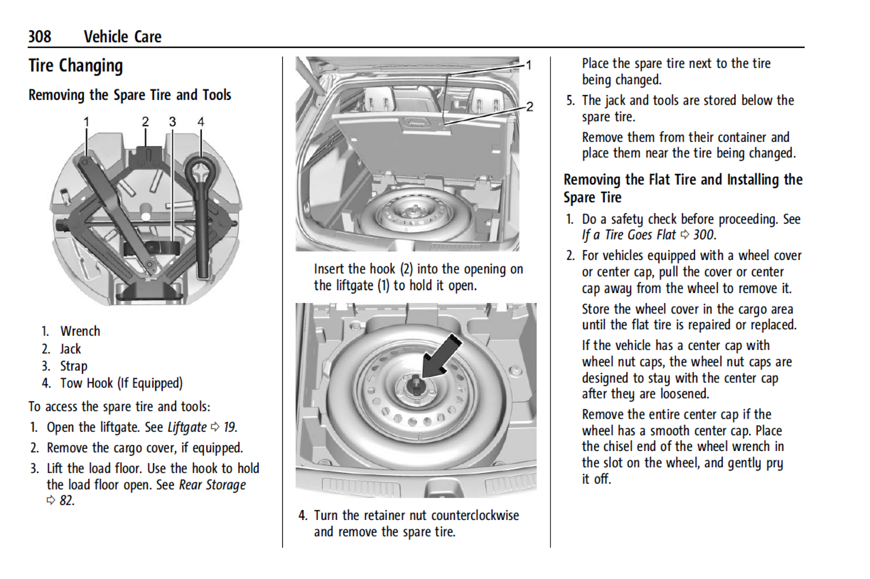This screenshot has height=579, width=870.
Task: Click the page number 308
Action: [x=40, y=37]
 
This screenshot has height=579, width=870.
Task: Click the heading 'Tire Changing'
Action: [x=76, y=66]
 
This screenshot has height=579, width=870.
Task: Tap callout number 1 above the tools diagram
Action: [x=86, y=122]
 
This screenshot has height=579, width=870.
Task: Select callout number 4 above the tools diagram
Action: [x=201, y=122]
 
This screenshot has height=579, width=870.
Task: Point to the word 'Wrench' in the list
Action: [x=80, y=331]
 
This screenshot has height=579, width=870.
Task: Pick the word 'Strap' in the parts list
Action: [x=74, y=366]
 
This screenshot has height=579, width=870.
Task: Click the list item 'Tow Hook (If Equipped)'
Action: [x=121, y=383]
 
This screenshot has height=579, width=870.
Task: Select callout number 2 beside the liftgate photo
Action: [x=530, y=106]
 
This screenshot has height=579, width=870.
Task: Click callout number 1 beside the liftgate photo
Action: [x=528, y=65]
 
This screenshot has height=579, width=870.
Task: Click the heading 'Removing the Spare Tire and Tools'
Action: [x=130, y=95]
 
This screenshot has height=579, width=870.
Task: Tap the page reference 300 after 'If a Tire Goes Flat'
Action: [x=704, y=235]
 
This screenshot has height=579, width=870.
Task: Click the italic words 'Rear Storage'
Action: [x=212, y=485]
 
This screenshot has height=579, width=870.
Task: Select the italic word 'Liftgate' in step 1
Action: [x=187, y=427]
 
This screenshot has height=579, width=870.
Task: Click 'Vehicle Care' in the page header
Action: [x=122, y=37]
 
